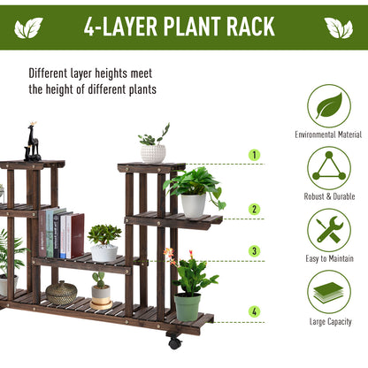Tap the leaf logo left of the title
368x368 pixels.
point(28,27)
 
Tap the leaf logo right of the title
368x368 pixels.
point(339,27)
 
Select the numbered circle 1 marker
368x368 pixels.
point(255,155)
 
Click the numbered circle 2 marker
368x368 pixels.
point(255,210)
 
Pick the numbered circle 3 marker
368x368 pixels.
point(255,251)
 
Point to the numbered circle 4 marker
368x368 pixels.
point(255,311)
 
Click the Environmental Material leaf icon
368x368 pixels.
point(328,105)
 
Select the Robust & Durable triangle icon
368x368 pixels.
point(328,167)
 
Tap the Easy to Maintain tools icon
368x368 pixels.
point(328,229)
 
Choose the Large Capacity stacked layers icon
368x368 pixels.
point(328,291)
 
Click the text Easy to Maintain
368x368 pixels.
point(328,257)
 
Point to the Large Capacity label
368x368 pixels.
point(328,321)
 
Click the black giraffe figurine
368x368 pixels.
point(33,142)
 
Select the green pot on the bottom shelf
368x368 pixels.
point(187,306)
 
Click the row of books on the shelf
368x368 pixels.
point(61,234)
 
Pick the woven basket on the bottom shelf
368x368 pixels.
point(62,294)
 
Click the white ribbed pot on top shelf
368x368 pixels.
point(153,154)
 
